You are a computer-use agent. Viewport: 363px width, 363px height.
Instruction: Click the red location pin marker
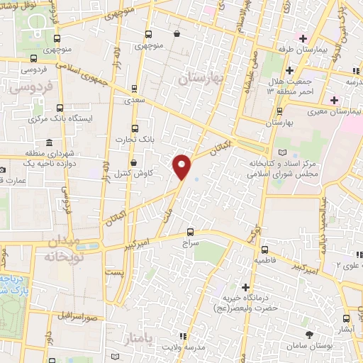182,167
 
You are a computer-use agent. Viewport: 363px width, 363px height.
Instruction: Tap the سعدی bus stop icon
135,89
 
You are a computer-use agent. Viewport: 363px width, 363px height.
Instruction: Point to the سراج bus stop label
190,243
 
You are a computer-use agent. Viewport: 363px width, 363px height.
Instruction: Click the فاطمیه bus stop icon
264,250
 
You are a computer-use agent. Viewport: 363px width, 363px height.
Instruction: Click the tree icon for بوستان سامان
309,333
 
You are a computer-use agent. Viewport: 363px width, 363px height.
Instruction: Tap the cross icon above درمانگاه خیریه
245,287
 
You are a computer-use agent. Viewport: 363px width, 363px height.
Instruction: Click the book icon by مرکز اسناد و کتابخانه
283,152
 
